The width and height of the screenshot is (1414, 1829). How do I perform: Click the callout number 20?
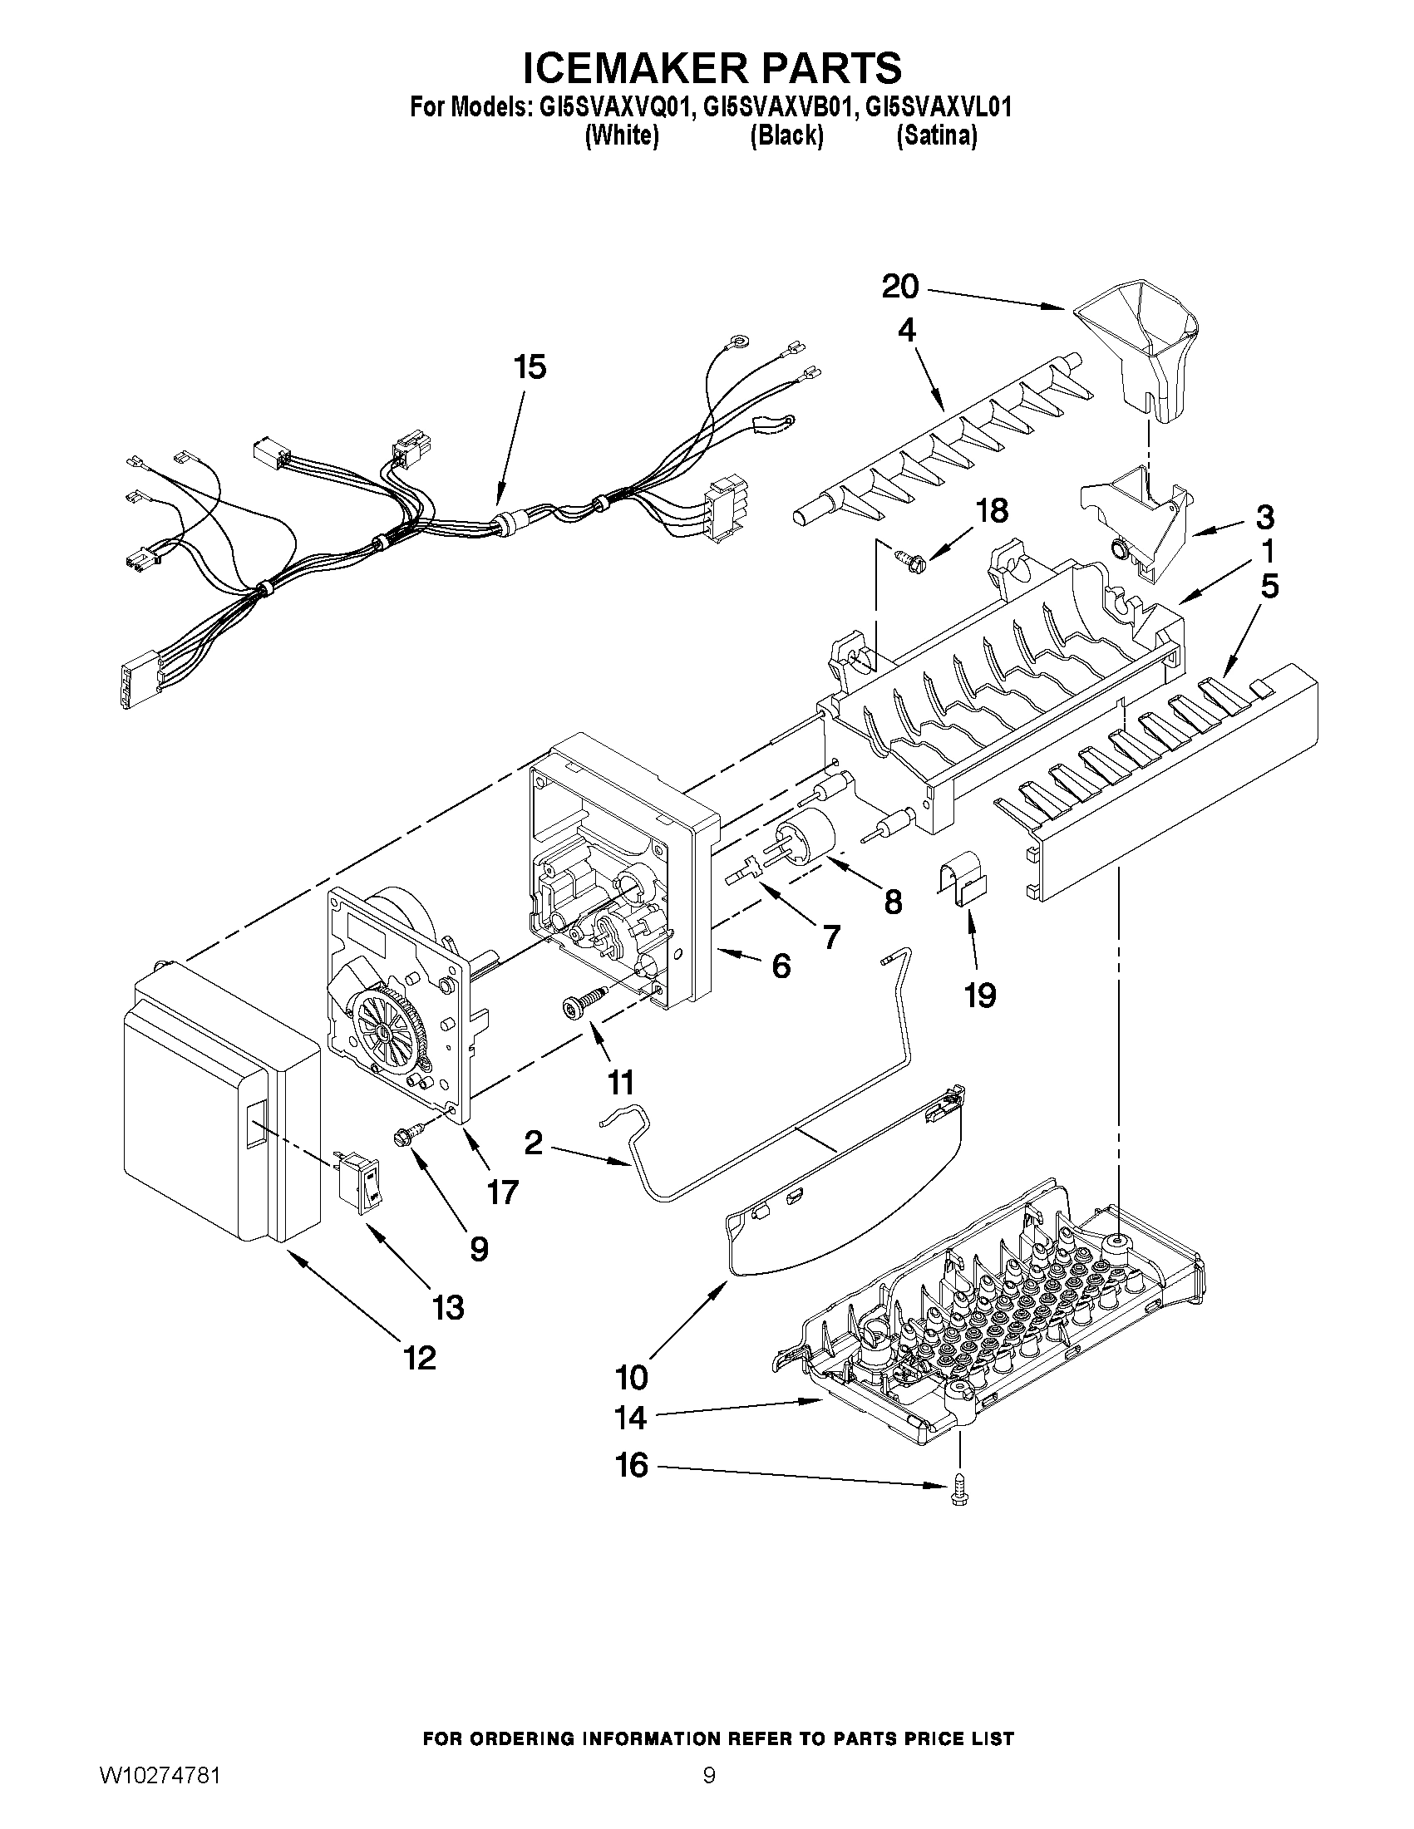pyautogui.click(x=900, y=288)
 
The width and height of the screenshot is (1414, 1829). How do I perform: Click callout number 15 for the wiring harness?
pyautogui.click(x=530, y=366)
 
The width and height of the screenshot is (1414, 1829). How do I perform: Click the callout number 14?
pyautogui.click(x=631, y=1417)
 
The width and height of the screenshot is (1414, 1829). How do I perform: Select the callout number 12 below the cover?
pyautogui.click(x=420, y=1358)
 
